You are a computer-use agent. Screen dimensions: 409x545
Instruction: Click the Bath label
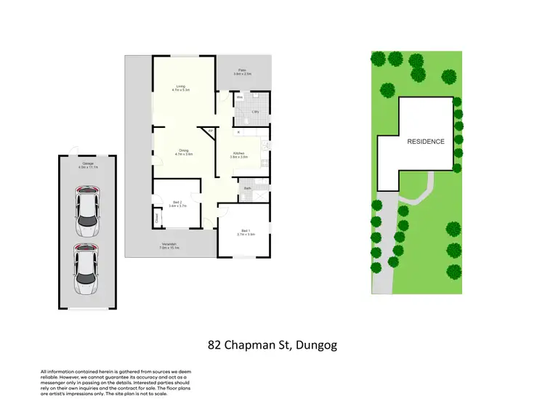(x=247, y=189)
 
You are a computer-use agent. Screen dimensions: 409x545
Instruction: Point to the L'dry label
(x=255, y=111)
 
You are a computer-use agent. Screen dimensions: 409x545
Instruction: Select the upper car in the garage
(x=86, y=211)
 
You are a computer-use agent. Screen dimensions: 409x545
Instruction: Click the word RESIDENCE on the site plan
(x=425, y=142)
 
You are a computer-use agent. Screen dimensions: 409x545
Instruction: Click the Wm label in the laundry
(x=239, y=97)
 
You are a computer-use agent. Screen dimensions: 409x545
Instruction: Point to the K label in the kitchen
(x=238, y=132)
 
